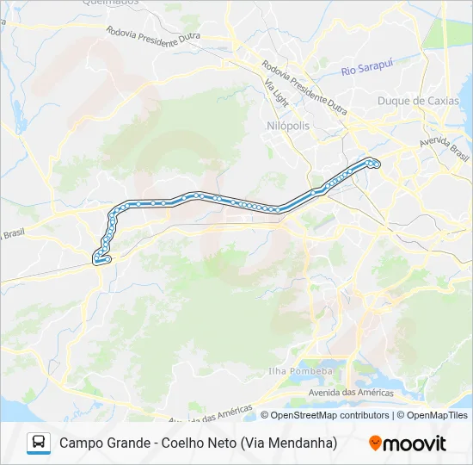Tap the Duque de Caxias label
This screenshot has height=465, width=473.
(418, 101)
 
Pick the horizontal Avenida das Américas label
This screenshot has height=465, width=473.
(351, 393)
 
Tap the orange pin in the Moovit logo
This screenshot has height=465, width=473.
(375, 443)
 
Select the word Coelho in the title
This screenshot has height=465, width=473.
(193, 443)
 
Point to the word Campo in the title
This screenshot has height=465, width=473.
(80, 443)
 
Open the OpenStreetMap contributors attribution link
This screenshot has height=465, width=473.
(330, 415)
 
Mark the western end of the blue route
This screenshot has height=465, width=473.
(96, 259)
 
